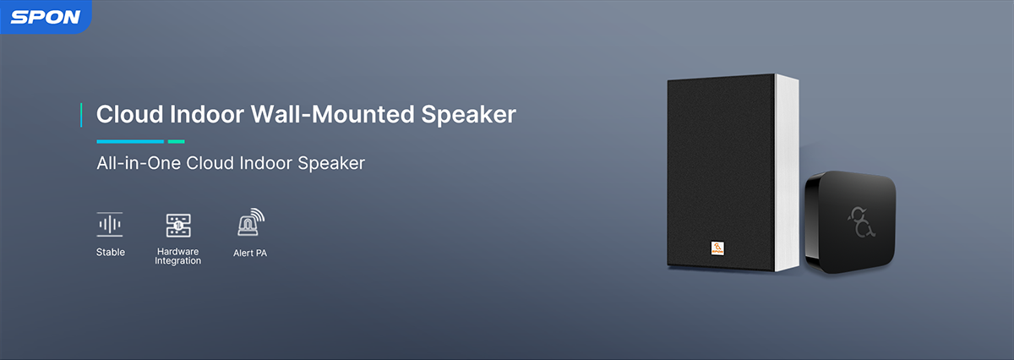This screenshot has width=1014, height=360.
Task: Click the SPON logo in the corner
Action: pos(46,17)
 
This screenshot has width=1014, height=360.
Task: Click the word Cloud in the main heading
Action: pos(129,114)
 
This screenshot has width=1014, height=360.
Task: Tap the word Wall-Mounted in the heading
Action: pos(333,114)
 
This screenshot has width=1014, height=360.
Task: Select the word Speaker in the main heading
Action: pos(468,115)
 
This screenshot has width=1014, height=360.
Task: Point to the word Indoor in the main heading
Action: pos(207,114)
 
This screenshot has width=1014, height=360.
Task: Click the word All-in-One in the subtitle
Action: pos(139,163)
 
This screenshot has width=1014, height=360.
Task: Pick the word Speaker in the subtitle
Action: pos(331,163)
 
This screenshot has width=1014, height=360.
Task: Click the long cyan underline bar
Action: pos(130,142)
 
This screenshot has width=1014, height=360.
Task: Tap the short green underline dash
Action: pos(176,142)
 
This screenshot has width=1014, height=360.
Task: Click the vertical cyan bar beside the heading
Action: pos(81,115)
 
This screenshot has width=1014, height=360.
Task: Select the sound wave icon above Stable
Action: pos(110,224)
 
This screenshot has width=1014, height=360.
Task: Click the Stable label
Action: pos(111,252)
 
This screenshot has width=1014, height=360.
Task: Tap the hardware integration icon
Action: pos(178,226)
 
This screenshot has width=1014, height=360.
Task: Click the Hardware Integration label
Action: pos(178,256)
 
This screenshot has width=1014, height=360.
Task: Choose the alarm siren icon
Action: pos(251,222)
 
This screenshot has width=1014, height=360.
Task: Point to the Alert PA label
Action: pos(250,254)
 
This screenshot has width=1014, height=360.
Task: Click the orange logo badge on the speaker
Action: pos(717,248)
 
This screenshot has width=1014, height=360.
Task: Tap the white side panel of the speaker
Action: pos(787,172)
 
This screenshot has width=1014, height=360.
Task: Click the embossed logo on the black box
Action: pos(861,222)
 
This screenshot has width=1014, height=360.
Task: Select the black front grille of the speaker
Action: pos(721,172)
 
